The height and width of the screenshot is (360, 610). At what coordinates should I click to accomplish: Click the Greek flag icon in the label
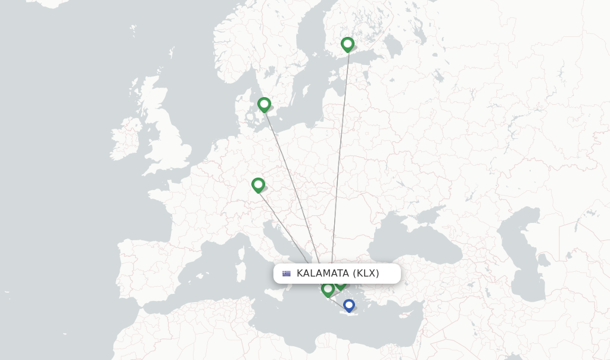[287, 274]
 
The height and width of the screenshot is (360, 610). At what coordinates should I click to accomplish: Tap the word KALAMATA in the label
[322, 274]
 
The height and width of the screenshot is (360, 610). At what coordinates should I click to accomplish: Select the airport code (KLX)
[366, 274]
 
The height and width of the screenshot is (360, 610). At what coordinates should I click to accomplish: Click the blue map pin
[349, 305]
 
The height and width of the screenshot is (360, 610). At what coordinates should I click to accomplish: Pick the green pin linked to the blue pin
[328, 289]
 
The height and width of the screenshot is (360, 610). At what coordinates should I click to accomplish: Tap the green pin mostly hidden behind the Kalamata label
[341, 284]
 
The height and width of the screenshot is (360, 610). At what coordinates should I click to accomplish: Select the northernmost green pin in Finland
[347, 44]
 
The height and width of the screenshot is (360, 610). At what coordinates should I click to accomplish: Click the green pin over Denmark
[264, 104]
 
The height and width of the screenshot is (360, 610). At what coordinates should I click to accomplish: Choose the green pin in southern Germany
[258, 185]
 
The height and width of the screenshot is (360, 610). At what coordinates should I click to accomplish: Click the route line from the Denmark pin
[292, 179]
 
